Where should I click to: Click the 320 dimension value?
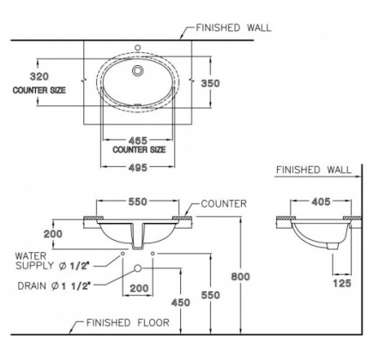click(39, 76)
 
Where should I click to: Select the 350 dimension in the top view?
click(210, 83)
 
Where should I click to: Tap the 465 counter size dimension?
click(138, 141)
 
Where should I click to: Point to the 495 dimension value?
click(138, 168)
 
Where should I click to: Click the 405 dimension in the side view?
click(321, 202)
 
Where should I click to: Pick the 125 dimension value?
click(342, 284)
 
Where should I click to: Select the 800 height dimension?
click(240, 277)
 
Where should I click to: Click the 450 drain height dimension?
click(180, 303)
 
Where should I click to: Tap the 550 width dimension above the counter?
click(137, 201)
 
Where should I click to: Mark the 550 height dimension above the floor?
click(210, 295)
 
